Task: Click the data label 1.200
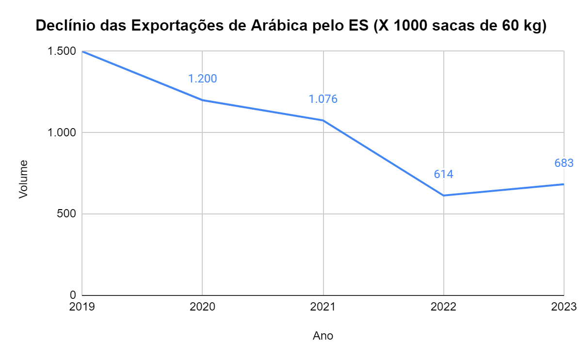[202, 79]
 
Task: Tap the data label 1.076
[323, 99]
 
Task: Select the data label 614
[443, 174]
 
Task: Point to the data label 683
[564, 163]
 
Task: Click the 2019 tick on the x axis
[82, 307]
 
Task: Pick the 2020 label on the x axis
[202, 307]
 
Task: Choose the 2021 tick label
[323, 307]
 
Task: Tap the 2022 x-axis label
[443, 307]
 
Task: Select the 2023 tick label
[564, 307]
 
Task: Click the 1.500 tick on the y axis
[62, 51]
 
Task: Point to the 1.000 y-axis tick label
[62, 132]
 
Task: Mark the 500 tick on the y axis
[66, 214]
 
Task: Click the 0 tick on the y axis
[73, 295]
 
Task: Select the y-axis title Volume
[23, 180]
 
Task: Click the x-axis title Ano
[323, 336]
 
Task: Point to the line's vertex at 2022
[443, 196]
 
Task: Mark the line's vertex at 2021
[323, 120]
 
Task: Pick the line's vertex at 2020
[202, 100]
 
